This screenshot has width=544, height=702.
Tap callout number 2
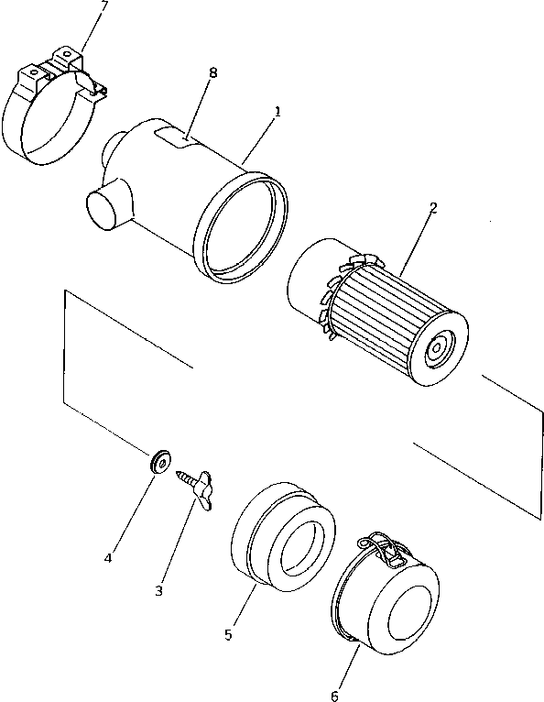click(x=432, y=207)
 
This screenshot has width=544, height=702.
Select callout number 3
click(x=158, y=591)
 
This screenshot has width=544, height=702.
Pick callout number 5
click(x=230, y=633)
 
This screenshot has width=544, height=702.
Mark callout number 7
click(x=103, y=6)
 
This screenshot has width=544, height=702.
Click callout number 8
click(x=212, y=72)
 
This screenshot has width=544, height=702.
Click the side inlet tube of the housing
click(x=108, y=205)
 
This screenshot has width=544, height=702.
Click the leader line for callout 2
click(x=417, y=243)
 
